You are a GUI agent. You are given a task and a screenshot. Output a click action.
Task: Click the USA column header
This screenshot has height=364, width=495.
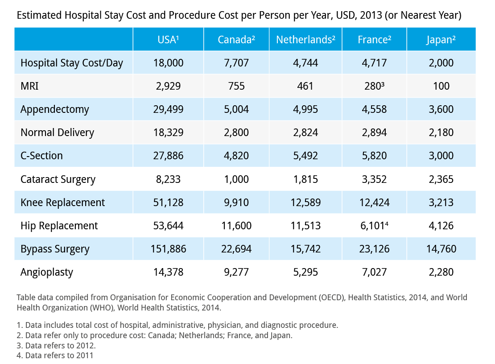[x=168, y=40]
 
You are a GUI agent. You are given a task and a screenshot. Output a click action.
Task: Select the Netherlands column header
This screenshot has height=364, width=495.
[x=305, y=40]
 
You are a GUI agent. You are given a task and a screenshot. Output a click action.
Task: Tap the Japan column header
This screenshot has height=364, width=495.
[x=441, y=40]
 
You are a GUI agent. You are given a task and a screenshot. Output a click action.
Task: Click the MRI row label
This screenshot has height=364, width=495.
[x=29, y=86]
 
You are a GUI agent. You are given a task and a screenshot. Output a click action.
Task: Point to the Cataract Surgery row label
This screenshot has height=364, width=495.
[x=58, y=179]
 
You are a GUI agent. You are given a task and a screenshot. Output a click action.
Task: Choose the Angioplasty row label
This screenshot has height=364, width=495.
[x=47, y=272]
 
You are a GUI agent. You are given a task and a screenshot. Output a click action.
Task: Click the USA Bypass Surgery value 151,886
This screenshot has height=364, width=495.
[x=168, y=249]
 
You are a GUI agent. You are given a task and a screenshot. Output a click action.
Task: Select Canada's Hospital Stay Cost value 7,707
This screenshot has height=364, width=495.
[x=236, y=63]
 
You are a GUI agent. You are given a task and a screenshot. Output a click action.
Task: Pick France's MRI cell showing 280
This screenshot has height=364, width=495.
[x=374, y=86]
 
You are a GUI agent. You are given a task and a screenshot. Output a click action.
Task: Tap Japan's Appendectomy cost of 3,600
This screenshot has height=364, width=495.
[x=441, y=109]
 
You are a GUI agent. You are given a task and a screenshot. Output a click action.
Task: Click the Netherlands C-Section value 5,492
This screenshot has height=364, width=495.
[x=305, y=156]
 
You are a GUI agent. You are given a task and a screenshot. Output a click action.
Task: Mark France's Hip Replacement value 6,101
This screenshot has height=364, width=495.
[x=374, y=226]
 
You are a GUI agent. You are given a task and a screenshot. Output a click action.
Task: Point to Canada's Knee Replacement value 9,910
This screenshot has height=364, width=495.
[x=236, y=203]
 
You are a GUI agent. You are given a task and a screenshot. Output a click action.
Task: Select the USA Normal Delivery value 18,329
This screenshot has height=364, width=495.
[x=168, y=132]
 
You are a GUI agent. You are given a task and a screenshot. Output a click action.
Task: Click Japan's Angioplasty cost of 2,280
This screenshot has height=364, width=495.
[x=441, y=272]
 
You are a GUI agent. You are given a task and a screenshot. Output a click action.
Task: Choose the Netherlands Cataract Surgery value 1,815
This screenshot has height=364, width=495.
[x=305, y=179]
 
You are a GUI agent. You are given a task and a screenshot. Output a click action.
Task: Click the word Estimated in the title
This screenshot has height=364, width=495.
[x=39, y=16]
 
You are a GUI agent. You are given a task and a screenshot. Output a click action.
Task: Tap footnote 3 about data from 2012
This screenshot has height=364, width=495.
[x=56, y=345]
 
